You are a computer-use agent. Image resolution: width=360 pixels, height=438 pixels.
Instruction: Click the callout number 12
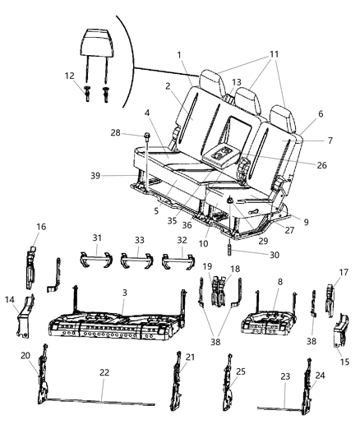point(70,76)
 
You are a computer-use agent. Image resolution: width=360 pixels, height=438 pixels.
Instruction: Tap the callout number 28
point(115,132)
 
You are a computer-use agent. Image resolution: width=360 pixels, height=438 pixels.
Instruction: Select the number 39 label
point(95,176)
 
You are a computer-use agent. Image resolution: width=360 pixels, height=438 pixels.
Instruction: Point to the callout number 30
point(275,255)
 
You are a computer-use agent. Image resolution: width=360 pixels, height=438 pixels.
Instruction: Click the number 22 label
point(104,372)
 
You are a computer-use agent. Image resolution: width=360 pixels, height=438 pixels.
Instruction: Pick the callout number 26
point(321,165)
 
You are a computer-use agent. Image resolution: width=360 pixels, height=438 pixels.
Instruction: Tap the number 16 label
point(41,227)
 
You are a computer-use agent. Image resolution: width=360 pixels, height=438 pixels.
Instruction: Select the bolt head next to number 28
point(147,136)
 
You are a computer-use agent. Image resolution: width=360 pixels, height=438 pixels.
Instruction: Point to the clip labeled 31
point(96,260)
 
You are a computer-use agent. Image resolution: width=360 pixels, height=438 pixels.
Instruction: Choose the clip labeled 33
point(136,260)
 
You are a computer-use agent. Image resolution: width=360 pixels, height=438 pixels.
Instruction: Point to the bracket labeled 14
point(25,316)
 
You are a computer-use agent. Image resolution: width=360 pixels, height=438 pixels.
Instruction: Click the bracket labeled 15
point(341,330)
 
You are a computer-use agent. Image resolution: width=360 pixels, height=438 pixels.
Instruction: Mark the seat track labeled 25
point(228,383)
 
